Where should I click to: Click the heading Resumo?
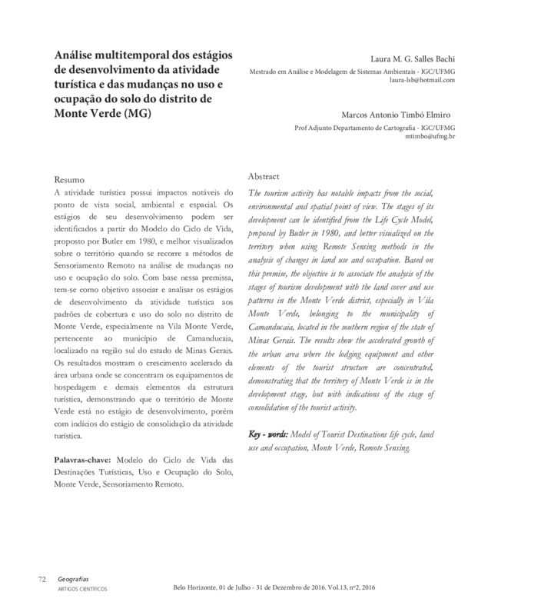tap(75, 179)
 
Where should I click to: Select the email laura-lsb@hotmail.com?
tap(423, 80)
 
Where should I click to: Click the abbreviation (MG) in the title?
tap(136, 115)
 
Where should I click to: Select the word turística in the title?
tap(82, 85)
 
